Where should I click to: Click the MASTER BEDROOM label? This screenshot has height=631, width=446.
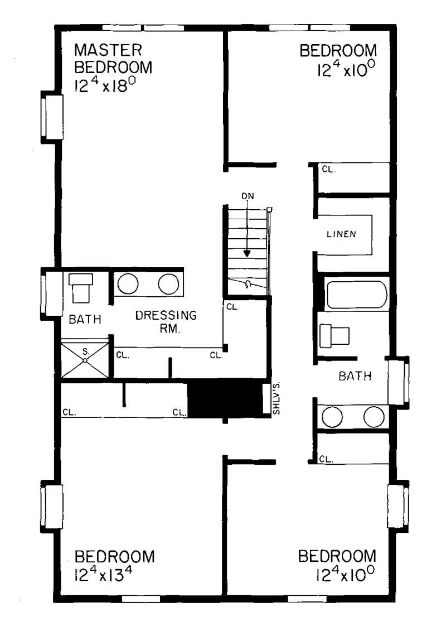click(x=113, y=59)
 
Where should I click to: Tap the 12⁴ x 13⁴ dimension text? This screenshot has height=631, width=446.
click(x=106, y=573)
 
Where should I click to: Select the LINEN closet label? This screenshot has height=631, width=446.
click(x=341, y=234)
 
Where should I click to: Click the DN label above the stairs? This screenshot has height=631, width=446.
click(x=248, y=196)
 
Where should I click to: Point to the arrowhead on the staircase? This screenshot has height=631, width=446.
click(x=247, y=252)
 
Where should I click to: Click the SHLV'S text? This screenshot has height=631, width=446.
click(x=276, y=399)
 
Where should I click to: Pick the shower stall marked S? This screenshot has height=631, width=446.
click(x=84, y=360)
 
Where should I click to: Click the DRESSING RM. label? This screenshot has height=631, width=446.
click(x=166, y=321)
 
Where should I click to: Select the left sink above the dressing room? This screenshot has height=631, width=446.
click(x=128, y=285)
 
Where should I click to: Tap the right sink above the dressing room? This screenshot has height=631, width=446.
click(x=168, y=285)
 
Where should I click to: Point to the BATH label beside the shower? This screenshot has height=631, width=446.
click(x=85, y=320)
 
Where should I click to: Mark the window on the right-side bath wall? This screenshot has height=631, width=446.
click(x=400, y=382)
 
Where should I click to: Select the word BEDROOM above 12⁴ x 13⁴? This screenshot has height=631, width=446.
click(x=114, y=557)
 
